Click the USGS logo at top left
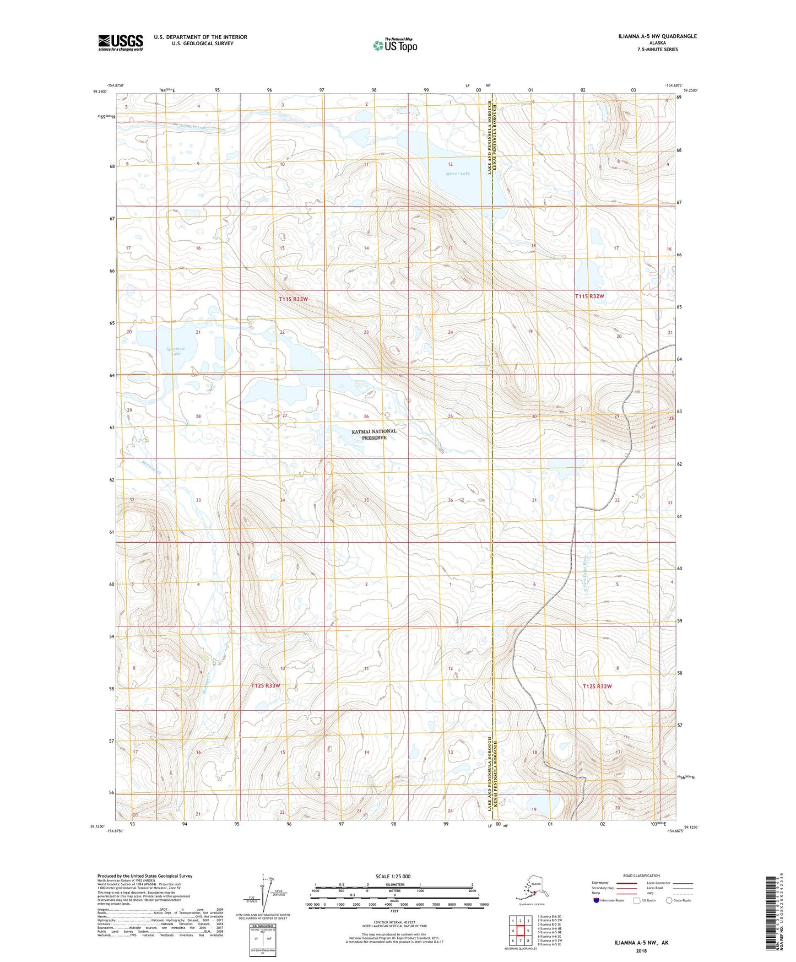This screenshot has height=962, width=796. [x=120, y=42]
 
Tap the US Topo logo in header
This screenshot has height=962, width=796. [x=395, y=45]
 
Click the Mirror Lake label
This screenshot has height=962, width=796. [x=458, y=174]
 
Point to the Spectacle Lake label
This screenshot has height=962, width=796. [x=176, y=350]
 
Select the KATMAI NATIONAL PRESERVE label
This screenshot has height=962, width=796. [x=374, y=434]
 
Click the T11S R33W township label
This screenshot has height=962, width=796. [x=293, y=299]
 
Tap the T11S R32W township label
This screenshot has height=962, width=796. [x=589, y=296]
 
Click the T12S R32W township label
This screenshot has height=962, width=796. [x=597, y=686]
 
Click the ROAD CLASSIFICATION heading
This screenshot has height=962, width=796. [x=641, y=875]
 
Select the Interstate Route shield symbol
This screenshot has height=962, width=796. [x=596, y=901]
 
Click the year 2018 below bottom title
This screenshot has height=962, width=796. [x=641, y=950]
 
